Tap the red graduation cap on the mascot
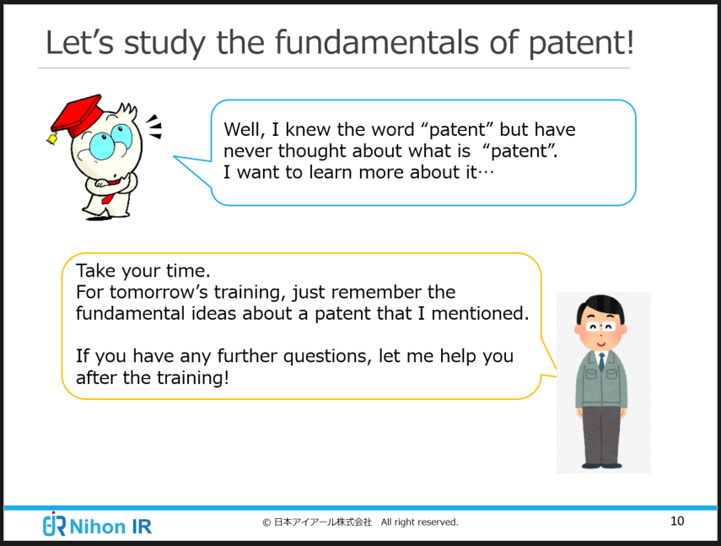coord(77,115)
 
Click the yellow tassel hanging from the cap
coord(52,138)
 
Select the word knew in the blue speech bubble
coord(308,130)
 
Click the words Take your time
coord(143,271)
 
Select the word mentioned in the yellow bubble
coord(480,313)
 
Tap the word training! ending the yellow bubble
coord(193,378)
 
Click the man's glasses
coord(601,327)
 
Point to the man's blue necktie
coord(601,362)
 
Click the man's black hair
coord(601,307)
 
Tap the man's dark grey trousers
coord(601,435)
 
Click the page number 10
coord(677,521)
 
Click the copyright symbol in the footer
coord(266,522)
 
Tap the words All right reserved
coord(419,522)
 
